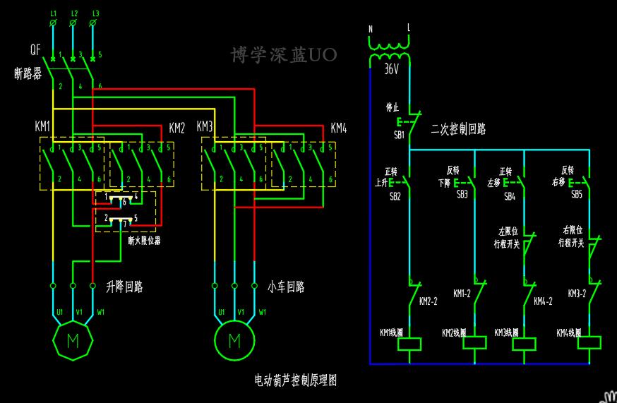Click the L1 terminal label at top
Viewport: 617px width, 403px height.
point(54,13)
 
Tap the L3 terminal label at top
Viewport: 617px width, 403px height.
point(96,13)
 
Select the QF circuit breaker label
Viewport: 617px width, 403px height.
point(35,50)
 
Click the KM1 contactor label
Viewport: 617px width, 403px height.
point(42,127)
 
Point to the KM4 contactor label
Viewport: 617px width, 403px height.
point(339,128)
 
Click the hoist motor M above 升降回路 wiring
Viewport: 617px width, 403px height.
point(73,341)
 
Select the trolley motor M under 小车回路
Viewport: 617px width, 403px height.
point(234,341)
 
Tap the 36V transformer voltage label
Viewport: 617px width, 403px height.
point(392,70)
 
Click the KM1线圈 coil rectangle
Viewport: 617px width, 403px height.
point(409,344)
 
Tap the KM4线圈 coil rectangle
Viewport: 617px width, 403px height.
point(589,344)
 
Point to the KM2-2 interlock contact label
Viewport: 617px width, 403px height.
point(429,301)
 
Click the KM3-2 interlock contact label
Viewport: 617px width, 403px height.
point(577,293)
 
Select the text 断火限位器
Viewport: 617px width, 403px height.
point(144,240)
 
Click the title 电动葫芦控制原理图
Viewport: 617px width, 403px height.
point(295,380)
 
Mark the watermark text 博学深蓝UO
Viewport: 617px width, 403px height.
point(284,55)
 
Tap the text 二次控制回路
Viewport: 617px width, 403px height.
point(458,130)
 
